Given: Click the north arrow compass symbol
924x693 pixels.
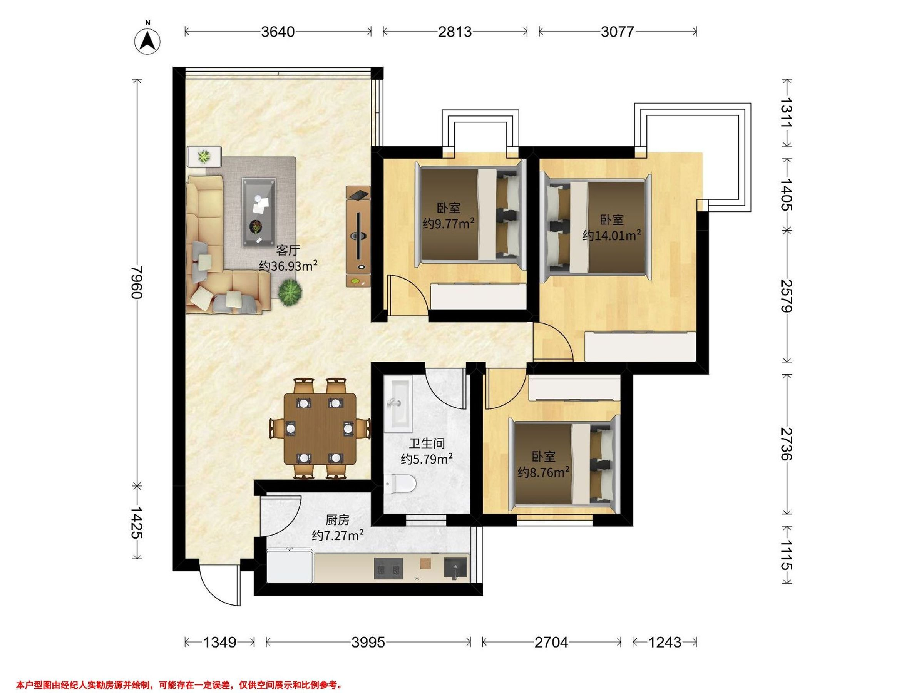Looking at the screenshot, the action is pyautogui.click(x=147, y=41).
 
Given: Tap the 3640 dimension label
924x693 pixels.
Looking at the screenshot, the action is pyautogui.click(x=278, y=32).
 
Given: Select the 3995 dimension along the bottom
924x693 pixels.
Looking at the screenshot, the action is pyautogui.click(x=368, y=642).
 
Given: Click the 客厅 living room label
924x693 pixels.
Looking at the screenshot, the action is pyautogui.click(x=288, y=250).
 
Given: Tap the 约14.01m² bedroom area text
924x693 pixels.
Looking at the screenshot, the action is pyautogui.click(x=612, y=235).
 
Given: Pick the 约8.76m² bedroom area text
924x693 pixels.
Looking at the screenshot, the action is pyautogui.click(x=544, y=472).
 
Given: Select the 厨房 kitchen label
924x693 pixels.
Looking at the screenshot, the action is pyautogui.click(x=337, y=520).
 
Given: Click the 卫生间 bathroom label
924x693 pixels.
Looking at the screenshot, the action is pyautogui.click(x=427, y=443).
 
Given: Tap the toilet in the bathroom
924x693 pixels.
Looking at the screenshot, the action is pyautogui.click(x=400, y=485).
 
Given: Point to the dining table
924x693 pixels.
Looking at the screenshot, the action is pyautogui.click(x=320, y=429).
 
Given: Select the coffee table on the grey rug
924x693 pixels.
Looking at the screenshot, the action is pyautogui.click(x=259, y=213).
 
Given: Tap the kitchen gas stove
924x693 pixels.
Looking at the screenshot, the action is pyautogui.click(x=388, y=569).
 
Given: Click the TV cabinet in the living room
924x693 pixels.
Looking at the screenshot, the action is pyautogui.click(x=358, y=236).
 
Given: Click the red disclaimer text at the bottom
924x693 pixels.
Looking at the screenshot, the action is pyautogui.click(x=179, y=685).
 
